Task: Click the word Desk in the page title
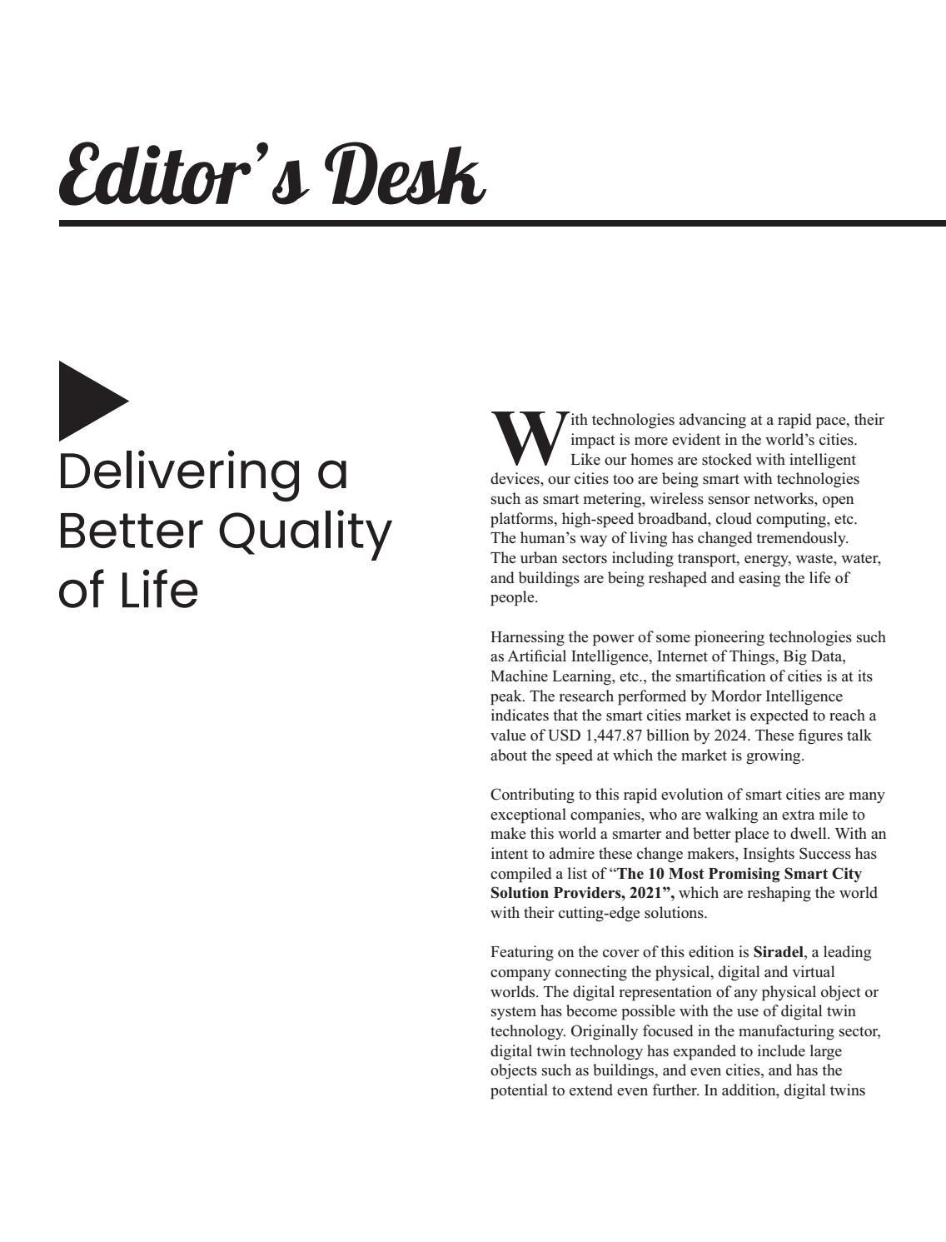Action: coord(408,176)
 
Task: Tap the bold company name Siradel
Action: coord(778,952)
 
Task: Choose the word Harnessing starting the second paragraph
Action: coord(530,637)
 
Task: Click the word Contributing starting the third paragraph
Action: coord(533,795)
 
